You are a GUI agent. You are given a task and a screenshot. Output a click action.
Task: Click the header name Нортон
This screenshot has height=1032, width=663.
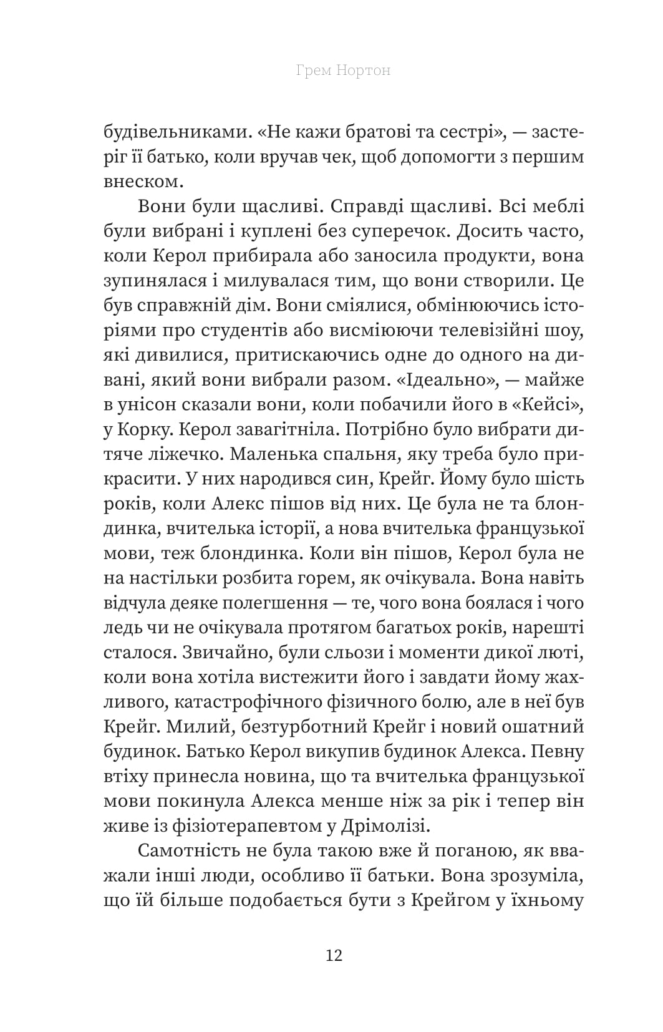(x=364, y=70)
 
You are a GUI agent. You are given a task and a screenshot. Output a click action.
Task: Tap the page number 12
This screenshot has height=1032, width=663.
(x=334, y=955)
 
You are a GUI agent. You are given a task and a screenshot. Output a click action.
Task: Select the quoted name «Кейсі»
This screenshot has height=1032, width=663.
(x=549, y=404)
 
